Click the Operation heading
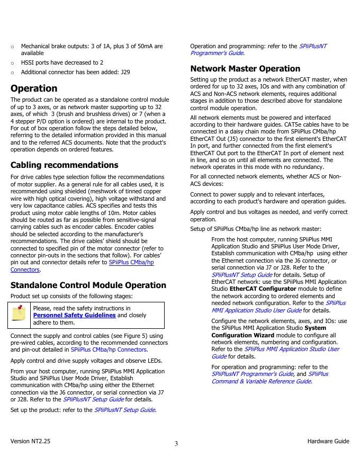[x=34, y=88]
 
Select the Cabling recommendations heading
[x=64, y=165]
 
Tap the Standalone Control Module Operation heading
[x=84, y=285]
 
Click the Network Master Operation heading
[x=245, y=68]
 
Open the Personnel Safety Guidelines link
[x=74, y=315]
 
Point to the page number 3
[x=176, y=444]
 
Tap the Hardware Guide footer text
[x=328, y=441]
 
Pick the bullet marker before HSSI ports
[x=12, y=62]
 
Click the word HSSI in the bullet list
[x=29, y=62]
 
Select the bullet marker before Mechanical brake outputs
[x=12, y=47]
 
